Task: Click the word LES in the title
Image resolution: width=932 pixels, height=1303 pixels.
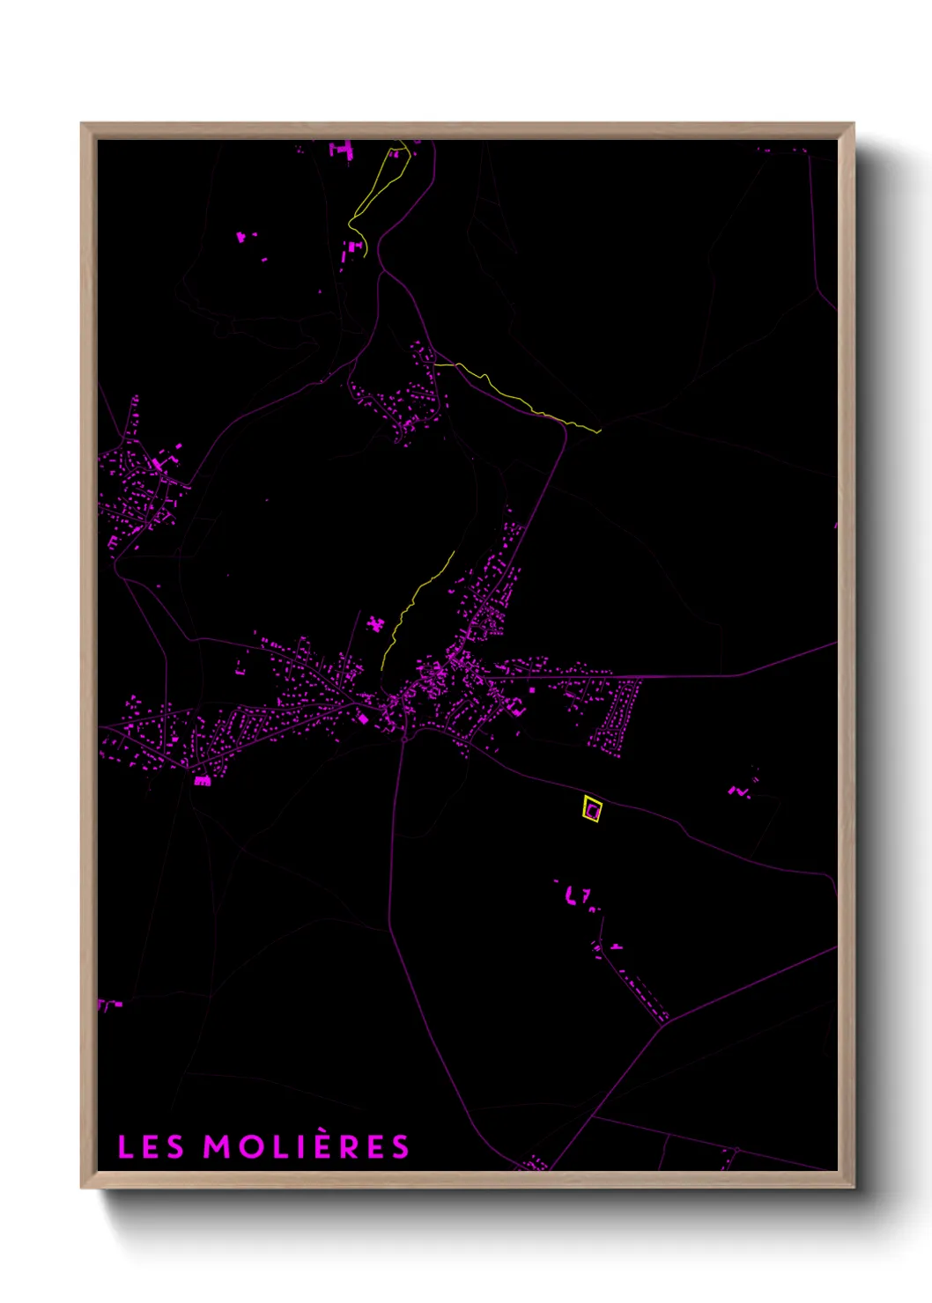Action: (151, 1147)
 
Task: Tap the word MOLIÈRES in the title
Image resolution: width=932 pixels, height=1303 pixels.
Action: (307, 1146)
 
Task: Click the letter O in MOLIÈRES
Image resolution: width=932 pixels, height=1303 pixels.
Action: (248, 1147)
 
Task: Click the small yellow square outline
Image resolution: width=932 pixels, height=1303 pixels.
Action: (592, 809)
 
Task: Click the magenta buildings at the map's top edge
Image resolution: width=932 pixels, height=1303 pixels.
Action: (342, 151)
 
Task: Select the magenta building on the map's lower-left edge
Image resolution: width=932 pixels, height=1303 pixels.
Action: (107, 1003)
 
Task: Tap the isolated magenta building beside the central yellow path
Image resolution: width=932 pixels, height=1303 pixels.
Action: (377, 624)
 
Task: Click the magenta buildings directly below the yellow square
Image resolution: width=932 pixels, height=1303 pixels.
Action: (577, 896)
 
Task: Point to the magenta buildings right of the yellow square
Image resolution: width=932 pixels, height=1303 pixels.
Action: (740, 790)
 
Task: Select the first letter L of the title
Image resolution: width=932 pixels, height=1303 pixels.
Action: (125, 1147)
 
